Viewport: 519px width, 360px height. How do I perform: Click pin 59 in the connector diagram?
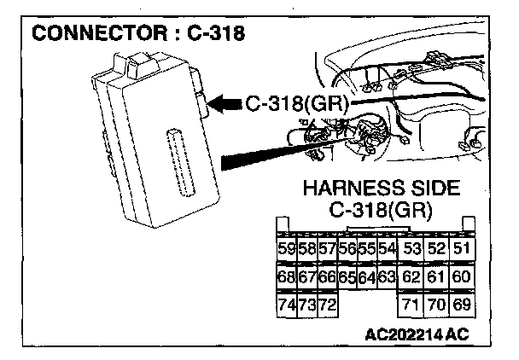[x=287, y=249]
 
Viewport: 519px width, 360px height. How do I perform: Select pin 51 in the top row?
[x=462, y=249]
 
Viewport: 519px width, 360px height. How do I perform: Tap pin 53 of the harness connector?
[x=412, y=249]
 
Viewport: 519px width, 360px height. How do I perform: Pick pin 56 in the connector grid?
[x=347, y=249]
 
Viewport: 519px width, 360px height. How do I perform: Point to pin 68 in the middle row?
[x=287, y=277]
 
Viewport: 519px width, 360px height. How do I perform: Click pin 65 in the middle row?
[x=347, y=277]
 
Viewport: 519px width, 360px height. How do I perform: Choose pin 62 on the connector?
[x=412, y=277]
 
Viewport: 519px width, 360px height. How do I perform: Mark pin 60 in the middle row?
[x=462, y=277]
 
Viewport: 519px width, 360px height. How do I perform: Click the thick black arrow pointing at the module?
[x=224, y=105]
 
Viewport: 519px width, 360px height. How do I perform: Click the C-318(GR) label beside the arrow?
[x=294, y=105]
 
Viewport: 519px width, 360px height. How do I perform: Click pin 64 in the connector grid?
[x=367, y=277]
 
